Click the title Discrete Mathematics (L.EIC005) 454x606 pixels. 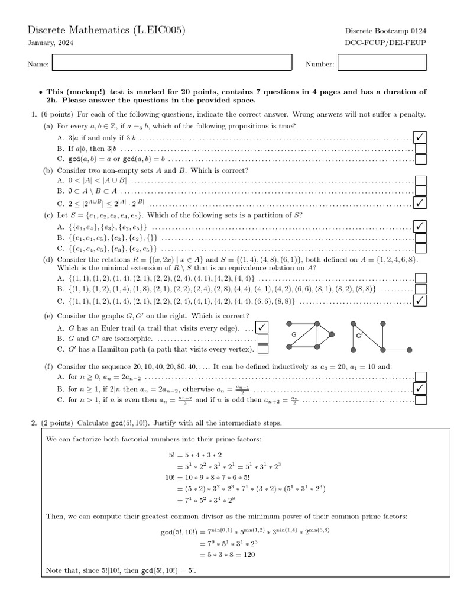(107, 30)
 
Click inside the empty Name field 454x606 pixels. (172, 63)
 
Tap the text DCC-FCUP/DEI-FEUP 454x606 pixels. (386, 43)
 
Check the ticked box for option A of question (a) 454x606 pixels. (421, 138)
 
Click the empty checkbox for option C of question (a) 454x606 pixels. (421, 159)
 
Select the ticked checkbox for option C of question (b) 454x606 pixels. (421, 202)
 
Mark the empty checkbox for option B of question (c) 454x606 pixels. (421, 238)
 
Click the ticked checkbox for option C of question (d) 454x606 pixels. (421, 300)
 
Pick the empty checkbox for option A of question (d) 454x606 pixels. (421, 278)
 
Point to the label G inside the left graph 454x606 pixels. (294, 334)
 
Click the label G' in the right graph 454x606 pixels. (358, 335)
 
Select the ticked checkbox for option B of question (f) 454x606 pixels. (421, 388)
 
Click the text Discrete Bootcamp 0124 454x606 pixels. (386, 31)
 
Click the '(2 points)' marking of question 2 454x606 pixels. (59, 423)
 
